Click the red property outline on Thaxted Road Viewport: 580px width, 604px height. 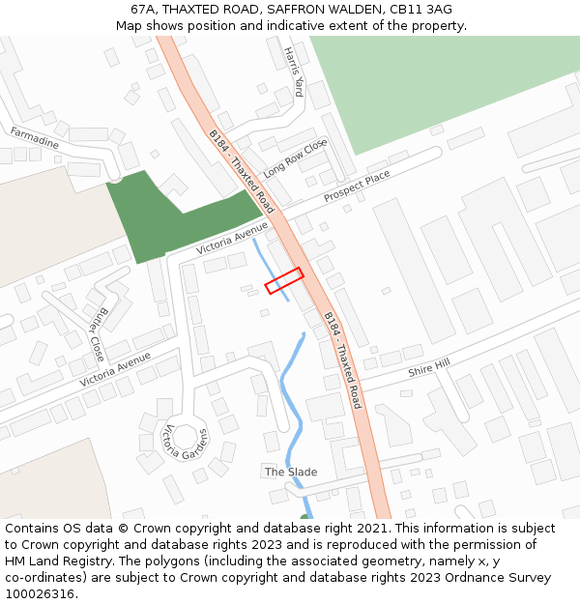(284, 280)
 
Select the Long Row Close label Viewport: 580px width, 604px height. (296, 158)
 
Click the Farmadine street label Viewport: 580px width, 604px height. (35, 137)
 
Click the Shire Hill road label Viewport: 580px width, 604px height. (429, 367)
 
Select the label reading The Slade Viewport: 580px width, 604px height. (291, 472)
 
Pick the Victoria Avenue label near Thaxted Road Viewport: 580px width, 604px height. (232, 238)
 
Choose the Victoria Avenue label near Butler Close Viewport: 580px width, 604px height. (116, 369)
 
